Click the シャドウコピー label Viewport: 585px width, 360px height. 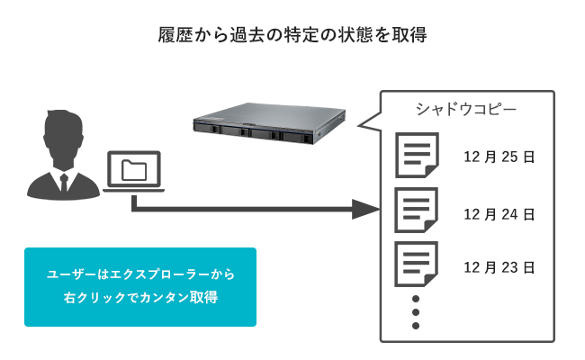(x=459, y=110)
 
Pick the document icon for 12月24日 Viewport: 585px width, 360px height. (x=416, y=211)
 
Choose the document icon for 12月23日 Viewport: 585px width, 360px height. (x=416, y=265)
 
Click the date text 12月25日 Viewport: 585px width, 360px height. (x=499, y=157)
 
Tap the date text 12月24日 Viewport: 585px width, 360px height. (x=499, y=214)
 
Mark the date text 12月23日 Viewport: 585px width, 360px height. (x=499, y=267)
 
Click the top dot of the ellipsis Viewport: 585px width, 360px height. (x=416, y=298)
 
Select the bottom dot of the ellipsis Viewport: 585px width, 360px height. (x=416, y=325)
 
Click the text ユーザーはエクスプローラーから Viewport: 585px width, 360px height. (x=140, y=274)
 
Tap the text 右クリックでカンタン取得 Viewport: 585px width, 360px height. (x=140, y=296)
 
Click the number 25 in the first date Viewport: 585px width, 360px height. (x=509, y=157)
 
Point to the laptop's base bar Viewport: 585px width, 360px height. (x=133, y=191)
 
